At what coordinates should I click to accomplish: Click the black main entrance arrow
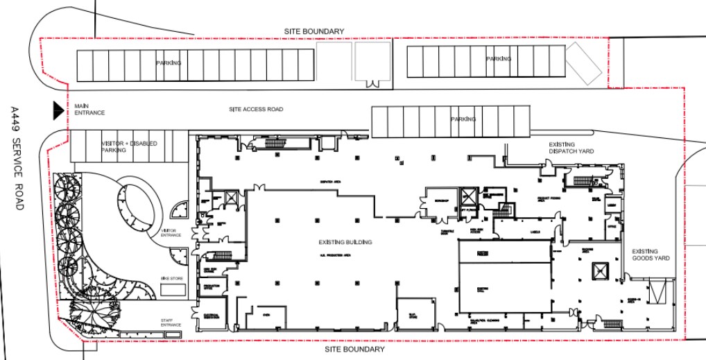(x=58, y=109)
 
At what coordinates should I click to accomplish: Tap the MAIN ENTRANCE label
(x=89, y=109)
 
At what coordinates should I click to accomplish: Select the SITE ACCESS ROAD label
(x=256, y=110)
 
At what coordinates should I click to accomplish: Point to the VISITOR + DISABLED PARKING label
(x=129, y=146)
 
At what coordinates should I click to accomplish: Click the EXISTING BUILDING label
(x=345, y=242)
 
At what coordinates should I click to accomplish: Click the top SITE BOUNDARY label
(x=314, y=32)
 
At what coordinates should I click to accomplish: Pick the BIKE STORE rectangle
(x=173, y=290)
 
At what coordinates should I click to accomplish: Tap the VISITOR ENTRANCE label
(x=171, y=232)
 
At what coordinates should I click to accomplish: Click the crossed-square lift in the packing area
(x=599, y=271)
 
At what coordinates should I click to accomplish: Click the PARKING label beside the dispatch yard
(x=463, y=119)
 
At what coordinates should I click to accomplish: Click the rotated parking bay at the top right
(x=583, y=67)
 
